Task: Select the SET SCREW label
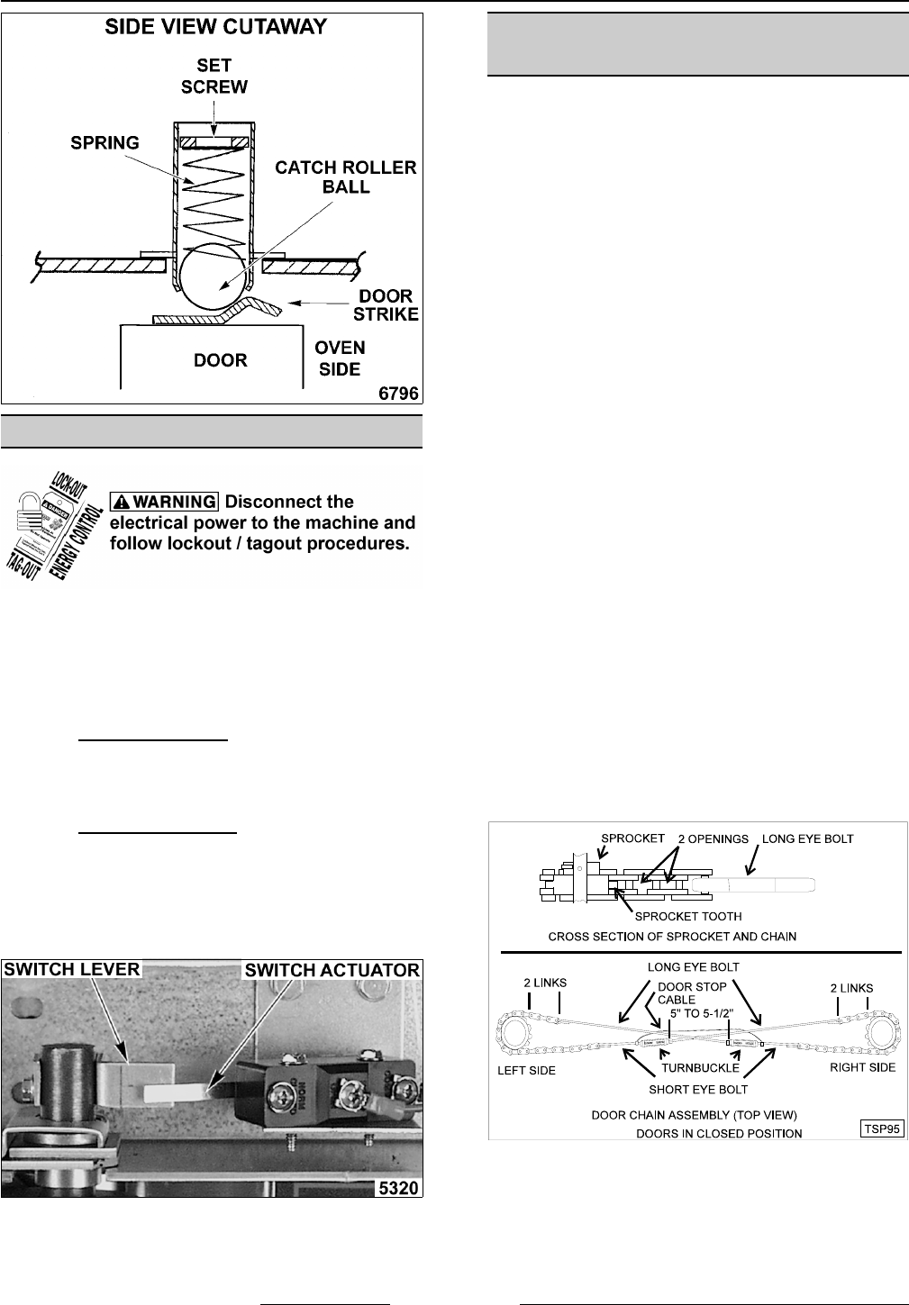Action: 214,76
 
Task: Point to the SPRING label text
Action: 105,142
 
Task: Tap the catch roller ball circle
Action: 214,278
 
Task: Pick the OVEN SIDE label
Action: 340,358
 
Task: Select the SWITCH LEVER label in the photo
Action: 72,969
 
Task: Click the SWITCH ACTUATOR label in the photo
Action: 332,970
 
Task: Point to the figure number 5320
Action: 398,1188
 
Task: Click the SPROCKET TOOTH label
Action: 688,916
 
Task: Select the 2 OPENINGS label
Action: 713,838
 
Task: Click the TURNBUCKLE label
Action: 700,1068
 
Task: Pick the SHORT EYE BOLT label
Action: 698,1089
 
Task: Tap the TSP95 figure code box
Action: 881,1128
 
